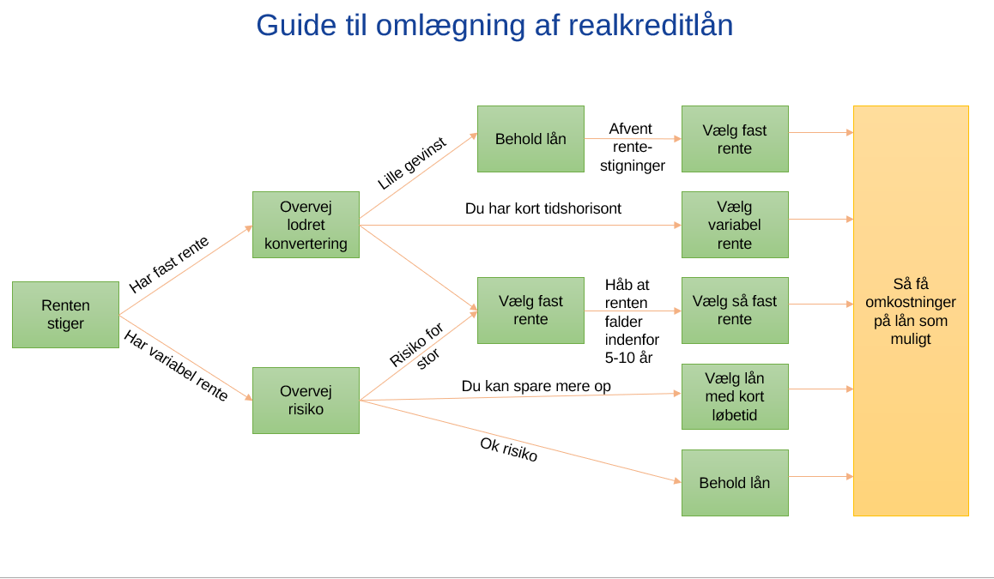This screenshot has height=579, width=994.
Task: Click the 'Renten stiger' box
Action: point(65,314)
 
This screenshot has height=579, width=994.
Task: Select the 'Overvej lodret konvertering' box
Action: point(306,225)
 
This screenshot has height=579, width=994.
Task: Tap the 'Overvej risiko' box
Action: point(306,401)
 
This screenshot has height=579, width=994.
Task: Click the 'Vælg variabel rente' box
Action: point(735,225)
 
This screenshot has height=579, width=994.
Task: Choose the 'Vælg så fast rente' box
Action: point(735,311)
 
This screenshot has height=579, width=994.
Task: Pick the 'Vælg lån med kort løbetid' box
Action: point(735,396)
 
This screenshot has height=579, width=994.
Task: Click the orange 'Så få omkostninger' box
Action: point(911,311)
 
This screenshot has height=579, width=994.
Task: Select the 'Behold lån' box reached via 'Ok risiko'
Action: point(735,483)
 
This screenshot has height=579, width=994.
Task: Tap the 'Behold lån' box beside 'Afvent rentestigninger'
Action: point(530,139)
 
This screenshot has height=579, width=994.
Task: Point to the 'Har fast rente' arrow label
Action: point(168,264)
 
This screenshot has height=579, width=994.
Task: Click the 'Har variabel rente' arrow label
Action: point(176,365)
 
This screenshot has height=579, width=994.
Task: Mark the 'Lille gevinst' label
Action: point(412,163)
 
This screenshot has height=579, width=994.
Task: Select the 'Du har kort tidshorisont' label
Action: point(543,208)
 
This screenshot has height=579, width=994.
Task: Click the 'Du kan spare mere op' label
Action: point(536,386)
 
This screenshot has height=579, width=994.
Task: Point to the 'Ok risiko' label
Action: point(508,449)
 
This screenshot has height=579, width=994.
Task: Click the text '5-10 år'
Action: point(628,358)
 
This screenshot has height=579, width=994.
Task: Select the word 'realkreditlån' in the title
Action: point(651,26)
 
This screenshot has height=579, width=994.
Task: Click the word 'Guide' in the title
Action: point(296,26)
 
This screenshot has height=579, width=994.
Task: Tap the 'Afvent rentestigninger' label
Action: point(632,147)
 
